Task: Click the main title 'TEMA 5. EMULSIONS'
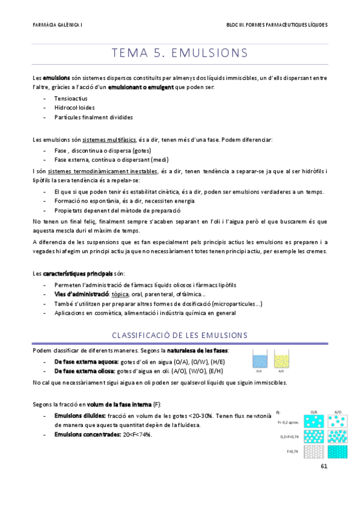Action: coord(180,53)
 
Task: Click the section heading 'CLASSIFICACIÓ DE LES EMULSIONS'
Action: coord(180,334)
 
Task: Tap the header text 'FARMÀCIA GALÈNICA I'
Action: coord(58,25)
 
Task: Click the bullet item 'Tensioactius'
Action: coord(70,97)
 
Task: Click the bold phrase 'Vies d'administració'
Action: coord(82,294)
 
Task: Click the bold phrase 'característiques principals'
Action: coord(77,274)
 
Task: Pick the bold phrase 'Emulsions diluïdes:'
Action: coord(79,415)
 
